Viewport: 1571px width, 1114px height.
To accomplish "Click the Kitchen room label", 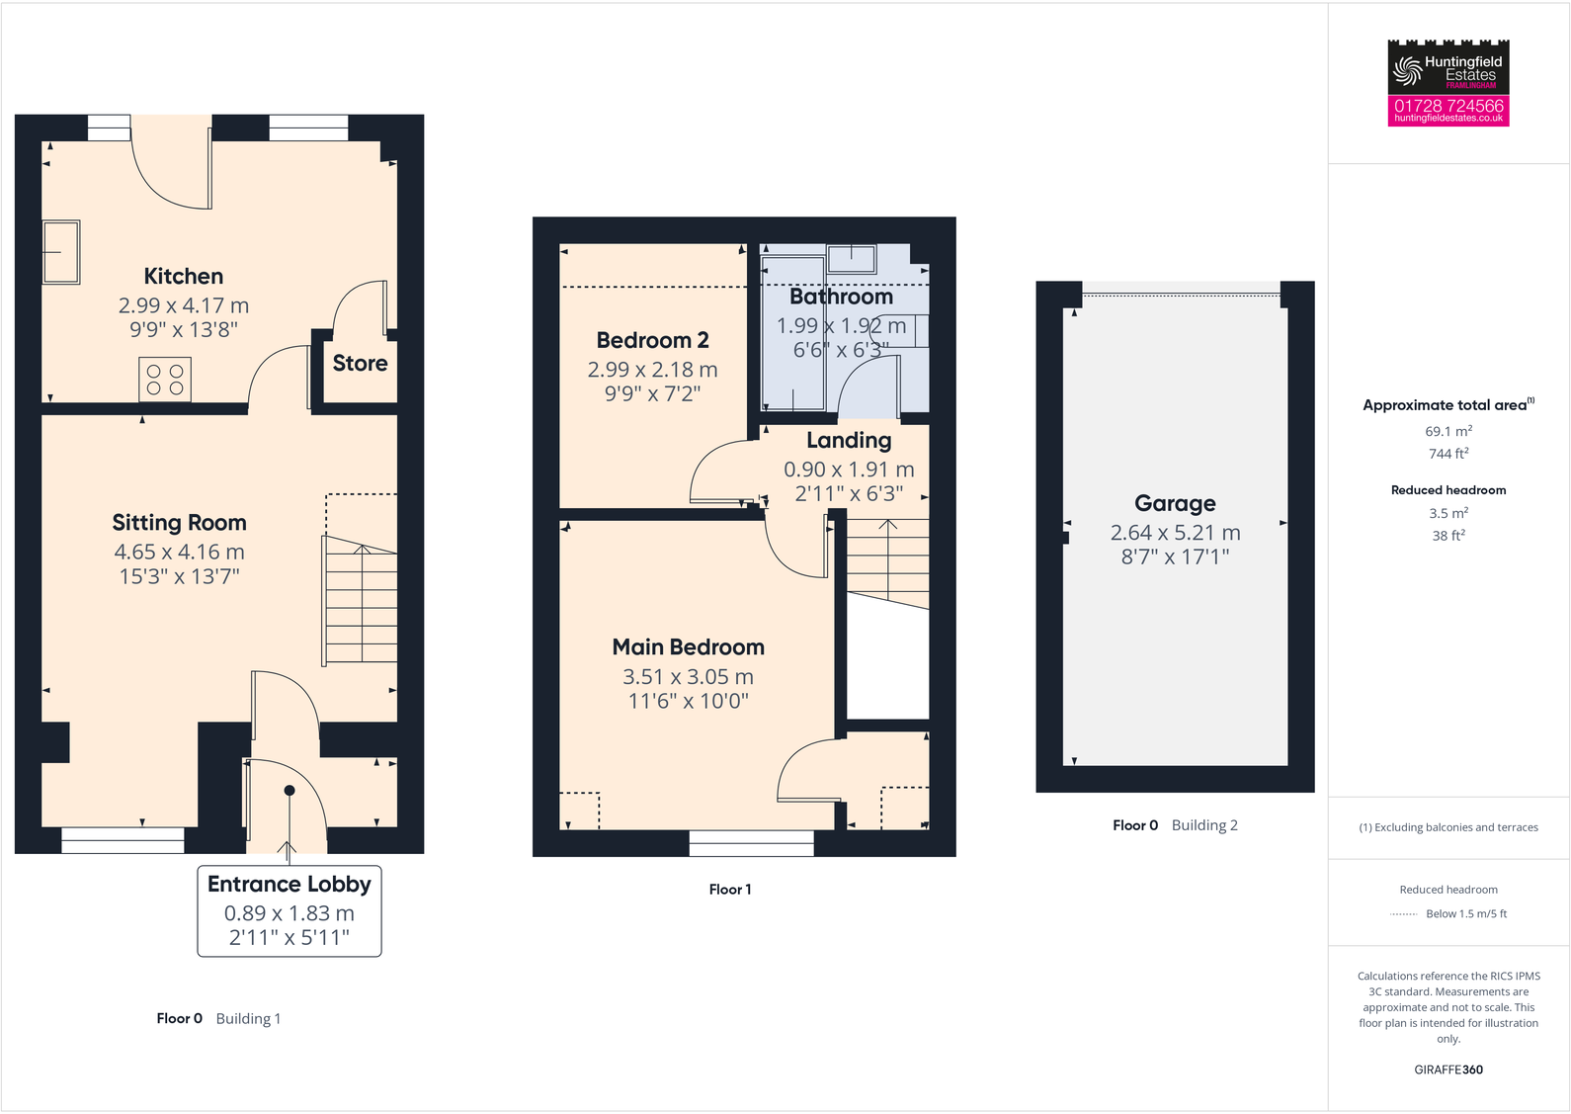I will point(184,277).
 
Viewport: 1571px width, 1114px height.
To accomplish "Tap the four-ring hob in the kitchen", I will point(165,380).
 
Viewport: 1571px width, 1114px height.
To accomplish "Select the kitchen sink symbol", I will point(61,252).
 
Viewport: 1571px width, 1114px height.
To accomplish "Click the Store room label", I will point(360,364).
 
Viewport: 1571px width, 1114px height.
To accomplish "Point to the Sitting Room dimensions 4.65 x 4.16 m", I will point(179,552).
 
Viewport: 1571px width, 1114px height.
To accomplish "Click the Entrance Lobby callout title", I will point(289,885).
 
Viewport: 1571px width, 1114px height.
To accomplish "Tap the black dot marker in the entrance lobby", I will point(289,790).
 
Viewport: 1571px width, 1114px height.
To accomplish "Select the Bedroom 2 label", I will point(652,341).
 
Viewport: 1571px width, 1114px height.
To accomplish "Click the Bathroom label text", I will point(841,297).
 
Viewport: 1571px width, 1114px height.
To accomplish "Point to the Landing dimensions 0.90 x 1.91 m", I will point(849,470).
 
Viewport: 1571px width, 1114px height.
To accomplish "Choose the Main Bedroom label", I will point(688,647).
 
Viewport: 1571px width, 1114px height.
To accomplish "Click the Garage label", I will point(1175,503).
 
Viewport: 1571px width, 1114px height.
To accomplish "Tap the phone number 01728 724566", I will point(1448,105).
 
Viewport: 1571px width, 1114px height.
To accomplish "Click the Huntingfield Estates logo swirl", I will point(1407,69).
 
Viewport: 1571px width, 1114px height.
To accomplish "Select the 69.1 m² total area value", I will point(1448,432).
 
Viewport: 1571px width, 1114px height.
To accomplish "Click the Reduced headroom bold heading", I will point(1448,490).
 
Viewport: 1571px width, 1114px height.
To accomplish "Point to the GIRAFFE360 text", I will point(1448,1070).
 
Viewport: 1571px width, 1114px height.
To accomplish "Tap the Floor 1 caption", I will point(730,890).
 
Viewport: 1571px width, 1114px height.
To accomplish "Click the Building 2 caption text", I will point(1204,825).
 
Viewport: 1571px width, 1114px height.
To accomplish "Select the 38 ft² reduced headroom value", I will point(1448,536).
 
